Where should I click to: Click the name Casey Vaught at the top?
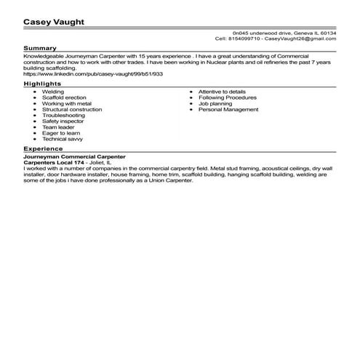[x=55, y=22]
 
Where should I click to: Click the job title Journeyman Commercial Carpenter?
[x=74, y=156]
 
